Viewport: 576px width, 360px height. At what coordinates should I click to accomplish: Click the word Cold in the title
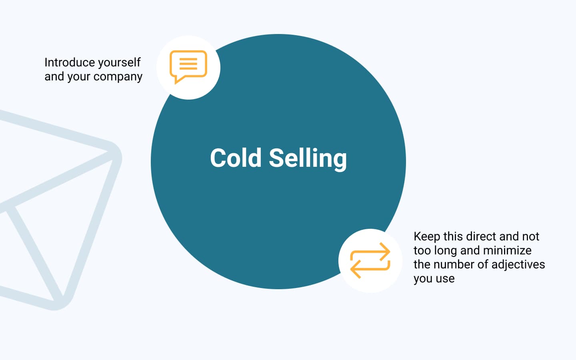(x=236, y=158)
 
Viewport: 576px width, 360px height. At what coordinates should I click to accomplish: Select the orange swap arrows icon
(x=370, y=260)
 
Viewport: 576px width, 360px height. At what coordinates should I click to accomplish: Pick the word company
(x=118, y=77)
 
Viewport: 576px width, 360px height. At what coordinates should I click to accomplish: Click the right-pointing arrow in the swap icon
(x=370, y=252)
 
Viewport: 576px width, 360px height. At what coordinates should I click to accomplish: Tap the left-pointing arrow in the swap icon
(x=370, y=269)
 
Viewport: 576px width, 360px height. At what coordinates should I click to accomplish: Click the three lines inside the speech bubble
(x=188, y=64)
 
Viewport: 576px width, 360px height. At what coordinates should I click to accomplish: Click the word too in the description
(x=422, y=251)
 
